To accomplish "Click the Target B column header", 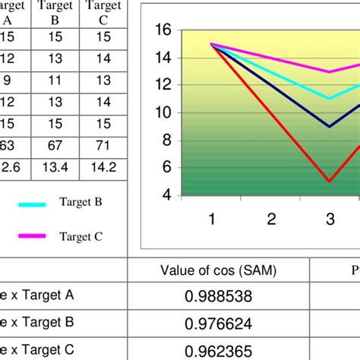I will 58,14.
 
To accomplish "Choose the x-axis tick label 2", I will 270,219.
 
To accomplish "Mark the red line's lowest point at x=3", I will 330,182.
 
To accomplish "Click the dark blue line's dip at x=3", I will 330,127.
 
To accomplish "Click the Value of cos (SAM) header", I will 218,270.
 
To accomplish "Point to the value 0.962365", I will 218,351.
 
